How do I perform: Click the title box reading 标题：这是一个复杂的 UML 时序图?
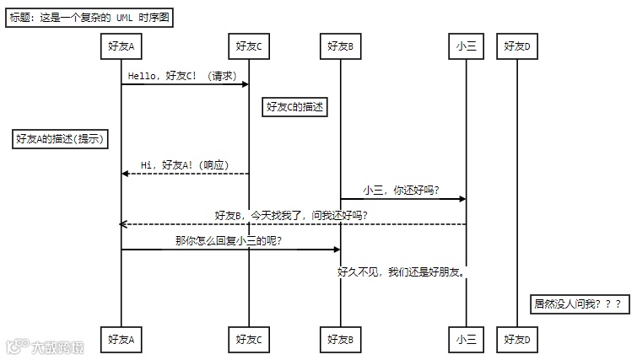[89, 19]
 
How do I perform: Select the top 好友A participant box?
[121, 46]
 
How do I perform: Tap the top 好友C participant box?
[249, 46]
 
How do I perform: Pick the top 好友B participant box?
[340, 46]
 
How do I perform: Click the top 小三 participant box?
[466, 46]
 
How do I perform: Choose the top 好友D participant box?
[516, 46]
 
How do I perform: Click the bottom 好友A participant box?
[121, 339]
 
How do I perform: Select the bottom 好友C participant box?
[249, 339]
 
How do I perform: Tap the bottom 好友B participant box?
[340, 339]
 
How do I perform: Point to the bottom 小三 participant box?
[466, 339]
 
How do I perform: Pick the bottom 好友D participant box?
[516, 339]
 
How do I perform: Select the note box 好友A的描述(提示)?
[61, 140]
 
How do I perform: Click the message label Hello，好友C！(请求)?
[181, 76]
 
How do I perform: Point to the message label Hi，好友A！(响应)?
[185, 165]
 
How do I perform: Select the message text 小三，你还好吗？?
[402, 191]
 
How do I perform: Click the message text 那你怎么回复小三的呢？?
[228, 241]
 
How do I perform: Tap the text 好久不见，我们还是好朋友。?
[402, 272]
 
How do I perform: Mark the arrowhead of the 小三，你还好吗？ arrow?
[462, 199]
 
